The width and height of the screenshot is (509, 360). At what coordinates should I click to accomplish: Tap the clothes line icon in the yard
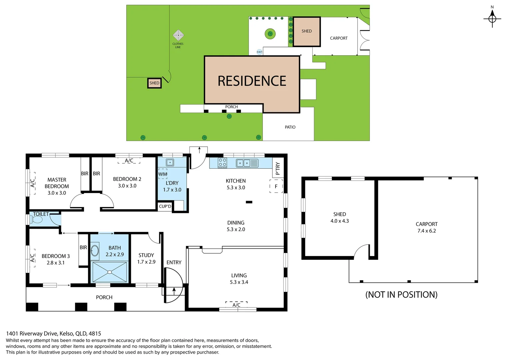tap(178, 35)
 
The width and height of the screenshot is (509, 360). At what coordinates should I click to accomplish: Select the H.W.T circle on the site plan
tap(259, 52)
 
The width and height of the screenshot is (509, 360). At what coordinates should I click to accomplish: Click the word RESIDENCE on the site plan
tap(252, 81)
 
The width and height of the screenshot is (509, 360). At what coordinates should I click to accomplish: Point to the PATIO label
tap(290, 127)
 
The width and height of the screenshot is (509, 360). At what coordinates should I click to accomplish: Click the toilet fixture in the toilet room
tap(37, 219)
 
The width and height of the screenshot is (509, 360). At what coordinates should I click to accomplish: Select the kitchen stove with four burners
tap(222, 163)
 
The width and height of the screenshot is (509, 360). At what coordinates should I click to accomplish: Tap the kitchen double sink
tap(243, 163)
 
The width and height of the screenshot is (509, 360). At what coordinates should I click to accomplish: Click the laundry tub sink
tap(170, 163)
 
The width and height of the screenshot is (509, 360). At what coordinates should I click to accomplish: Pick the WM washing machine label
tap(163, 174)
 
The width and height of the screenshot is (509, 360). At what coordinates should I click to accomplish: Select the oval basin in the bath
tap(95, 251)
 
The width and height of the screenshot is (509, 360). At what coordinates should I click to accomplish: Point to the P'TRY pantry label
tap(277, 168)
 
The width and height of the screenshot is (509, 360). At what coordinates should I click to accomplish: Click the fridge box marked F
tap(276, 186)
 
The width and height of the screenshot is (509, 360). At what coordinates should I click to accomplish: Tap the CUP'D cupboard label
tap(165, 206)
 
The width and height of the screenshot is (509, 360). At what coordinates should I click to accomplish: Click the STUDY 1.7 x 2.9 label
tap(146, 258)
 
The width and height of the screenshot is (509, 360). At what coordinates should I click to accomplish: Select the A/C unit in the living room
tap(237, 305)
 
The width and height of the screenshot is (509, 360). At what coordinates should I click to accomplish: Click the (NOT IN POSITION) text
tap(401, 295)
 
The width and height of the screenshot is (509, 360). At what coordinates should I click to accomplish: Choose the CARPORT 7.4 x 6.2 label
tap(426, 227)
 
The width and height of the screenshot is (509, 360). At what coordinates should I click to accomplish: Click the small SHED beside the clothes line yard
tap(154, 83)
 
